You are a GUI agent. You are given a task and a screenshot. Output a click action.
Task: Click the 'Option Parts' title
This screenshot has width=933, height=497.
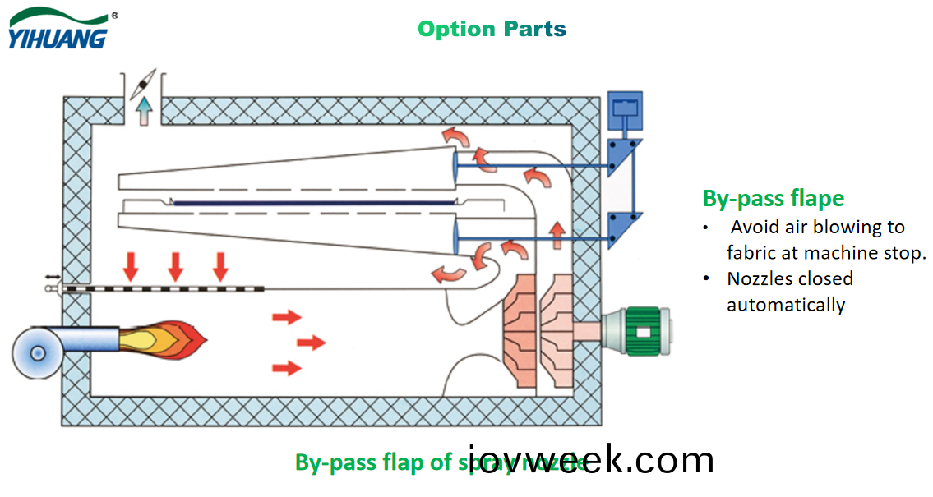pos(492,29)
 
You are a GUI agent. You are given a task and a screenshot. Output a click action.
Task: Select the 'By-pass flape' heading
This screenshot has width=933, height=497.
pos(773,198)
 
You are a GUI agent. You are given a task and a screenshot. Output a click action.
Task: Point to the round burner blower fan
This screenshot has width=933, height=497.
pos(37,352)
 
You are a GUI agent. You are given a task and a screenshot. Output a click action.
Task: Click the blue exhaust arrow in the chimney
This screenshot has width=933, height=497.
pos(145,108)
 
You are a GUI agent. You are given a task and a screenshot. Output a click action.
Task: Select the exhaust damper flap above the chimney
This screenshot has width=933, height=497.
pos(144,82)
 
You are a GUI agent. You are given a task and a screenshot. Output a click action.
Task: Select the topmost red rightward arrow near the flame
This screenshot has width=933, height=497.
pos(287,316)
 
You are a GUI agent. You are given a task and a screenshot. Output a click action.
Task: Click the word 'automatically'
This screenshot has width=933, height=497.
pos(785,305)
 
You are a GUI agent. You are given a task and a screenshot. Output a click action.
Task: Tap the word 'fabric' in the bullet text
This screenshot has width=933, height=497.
pos(750,253)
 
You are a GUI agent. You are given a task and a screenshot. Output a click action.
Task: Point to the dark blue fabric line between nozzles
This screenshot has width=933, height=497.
pos(312,203)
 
